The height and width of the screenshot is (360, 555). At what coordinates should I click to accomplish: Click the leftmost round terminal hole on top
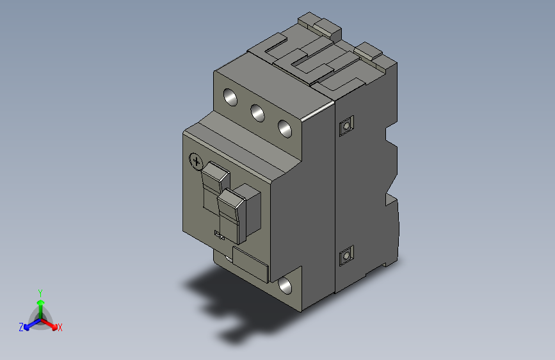230,97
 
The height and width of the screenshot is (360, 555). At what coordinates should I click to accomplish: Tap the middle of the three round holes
257,113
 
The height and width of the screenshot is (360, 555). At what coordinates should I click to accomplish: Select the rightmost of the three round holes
285,127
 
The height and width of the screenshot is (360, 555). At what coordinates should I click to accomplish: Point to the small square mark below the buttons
218,235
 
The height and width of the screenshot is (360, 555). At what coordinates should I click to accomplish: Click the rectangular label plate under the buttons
250,265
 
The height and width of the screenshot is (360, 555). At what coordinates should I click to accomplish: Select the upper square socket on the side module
346,126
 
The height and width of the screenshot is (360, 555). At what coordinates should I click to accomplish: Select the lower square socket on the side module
346,257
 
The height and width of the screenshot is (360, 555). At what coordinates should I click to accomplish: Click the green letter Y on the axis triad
40,291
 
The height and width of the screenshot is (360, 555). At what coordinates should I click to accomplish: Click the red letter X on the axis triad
60,327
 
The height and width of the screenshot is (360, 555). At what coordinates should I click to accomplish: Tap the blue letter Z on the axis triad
21,327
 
